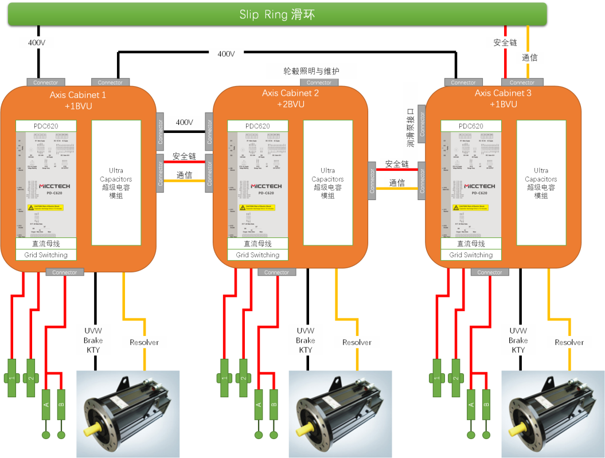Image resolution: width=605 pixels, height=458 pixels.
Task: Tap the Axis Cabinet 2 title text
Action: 291,93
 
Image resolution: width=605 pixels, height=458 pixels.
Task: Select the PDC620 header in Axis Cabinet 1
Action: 46,126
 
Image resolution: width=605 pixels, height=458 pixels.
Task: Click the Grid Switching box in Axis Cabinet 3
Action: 471,255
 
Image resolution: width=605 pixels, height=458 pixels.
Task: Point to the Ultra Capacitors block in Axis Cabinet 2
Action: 328,183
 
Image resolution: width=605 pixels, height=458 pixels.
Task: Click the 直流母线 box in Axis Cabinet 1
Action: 46,244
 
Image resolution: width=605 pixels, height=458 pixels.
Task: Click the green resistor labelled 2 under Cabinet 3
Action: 456,378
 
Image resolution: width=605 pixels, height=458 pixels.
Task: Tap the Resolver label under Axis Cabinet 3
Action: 569,342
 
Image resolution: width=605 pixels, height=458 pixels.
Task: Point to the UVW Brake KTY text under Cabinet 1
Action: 93,340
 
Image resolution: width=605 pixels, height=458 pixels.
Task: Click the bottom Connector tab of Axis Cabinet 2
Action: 276,272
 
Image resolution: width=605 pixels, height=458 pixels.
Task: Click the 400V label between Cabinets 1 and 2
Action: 185,122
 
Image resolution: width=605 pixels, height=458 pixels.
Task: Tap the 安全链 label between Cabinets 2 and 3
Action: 397,164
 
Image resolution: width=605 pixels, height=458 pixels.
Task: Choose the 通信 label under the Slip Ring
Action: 530,57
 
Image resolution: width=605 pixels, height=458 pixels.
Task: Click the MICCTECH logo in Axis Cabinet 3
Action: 471,187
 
